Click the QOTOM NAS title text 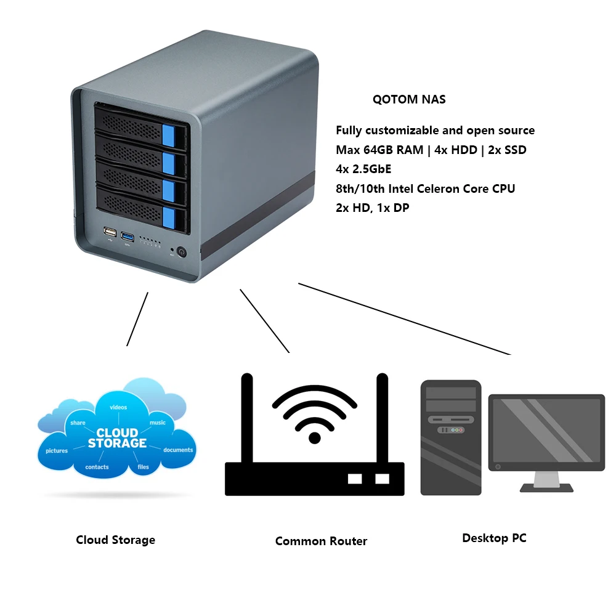click(x=409, y=99)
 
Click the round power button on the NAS click(x=182, y=252)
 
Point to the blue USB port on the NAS click(x=128, y=236)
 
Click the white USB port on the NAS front click(x=110, y=233)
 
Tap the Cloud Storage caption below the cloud click(x=115, y=540)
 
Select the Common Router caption click(x=321, y=541)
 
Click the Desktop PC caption click(x=494, y=538)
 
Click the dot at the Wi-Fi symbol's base click(x=315, y=437)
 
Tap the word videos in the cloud click(x=118, y=407)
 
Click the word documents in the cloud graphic click(x=178, y=450)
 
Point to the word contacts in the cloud click(x=97, y=468)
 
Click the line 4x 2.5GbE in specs click(x=363, y=169)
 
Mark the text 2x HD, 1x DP click(x=372, y=208)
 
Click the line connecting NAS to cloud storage click(x=137, y=318)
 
